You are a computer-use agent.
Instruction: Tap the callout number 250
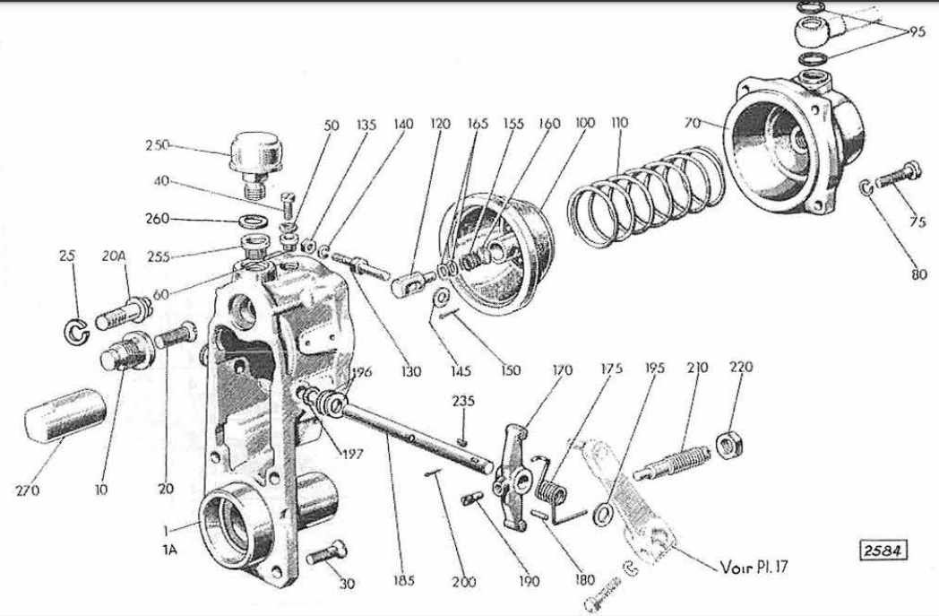tap(157, 145)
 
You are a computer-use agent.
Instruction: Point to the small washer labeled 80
tap(866, 187)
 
